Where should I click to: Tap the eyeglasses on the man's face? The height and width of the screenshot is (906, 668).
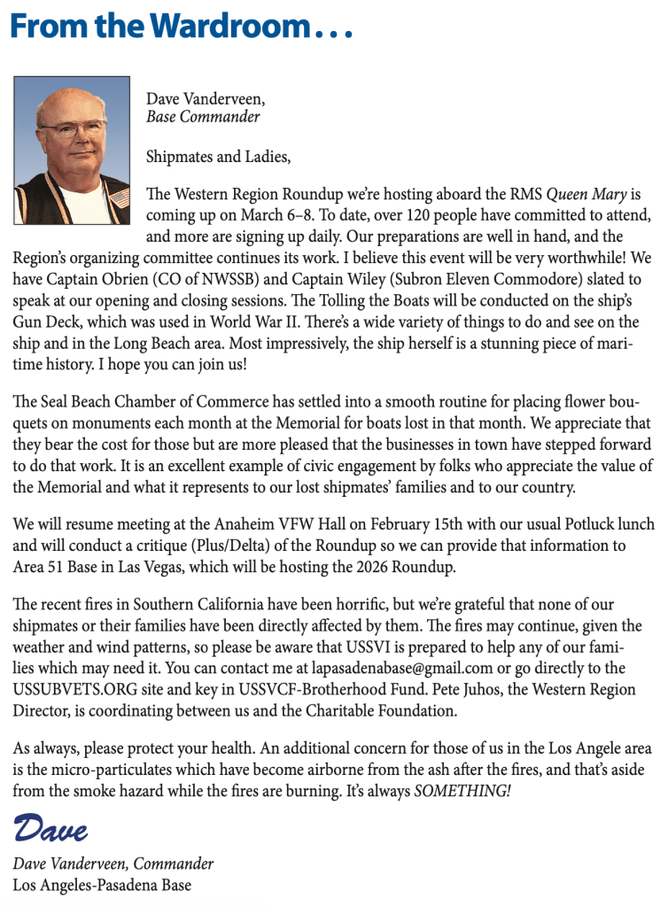click(73, 129)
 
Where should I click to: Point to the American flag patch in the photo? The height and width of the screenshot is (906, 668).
click(120, 197)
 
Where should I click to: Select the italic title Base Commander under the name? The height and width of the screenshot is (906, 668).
click(203, 116)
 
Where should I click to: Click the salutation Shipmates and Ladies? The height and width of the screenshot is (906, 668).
click(218, 157)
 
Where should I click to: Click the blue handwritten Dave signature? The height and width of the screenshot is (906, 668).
click(50, 830)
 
